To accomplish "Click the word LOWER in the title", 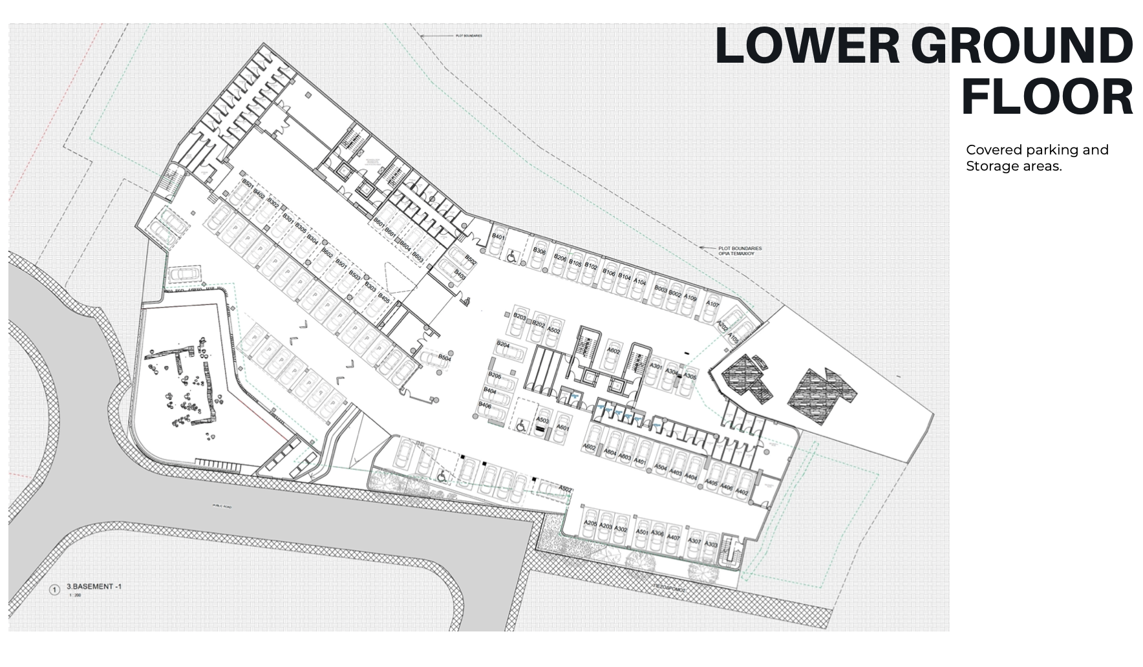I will (x=807, y=46).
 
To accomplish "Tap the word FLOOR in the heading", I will (x=1047, y=97).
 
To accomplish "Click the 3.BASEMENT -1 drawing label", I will (x=94, y=587).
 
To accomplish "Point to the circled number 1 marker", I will (x=55, y=589).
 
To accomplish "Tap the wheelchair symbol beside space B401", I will (x=511, y=257).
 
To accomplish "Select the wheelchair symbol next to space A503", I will (x=521, y=427).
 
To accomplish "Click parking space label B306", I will (x=539, y=251).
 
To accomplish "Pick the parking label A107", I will (x=712, y=304).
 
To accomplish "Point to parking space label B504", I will (x=445, y=357).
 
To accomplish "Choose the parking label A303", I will (x=710, y=544).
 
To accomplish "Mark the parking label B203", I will (x=520, y=316).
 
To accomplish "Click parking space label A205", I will (x=590, y=524).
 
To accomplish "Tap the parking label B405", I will (x=383, y=299).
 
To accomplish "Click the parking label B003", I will (x=660, y=289).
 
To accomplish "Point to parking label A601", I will (x=562, y=428).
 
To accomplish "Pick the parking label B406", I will (x=485, y=405).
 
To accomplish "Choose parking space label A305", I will (x=690, y=377).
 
